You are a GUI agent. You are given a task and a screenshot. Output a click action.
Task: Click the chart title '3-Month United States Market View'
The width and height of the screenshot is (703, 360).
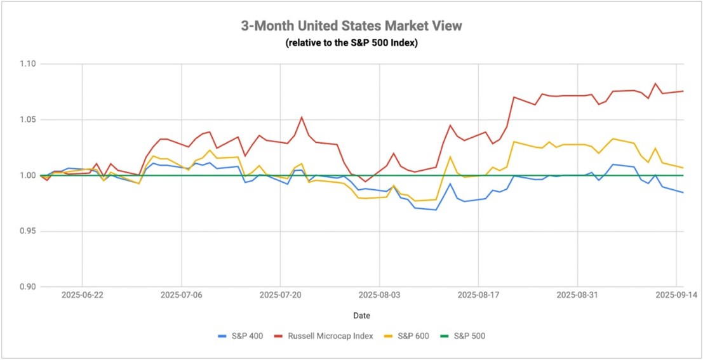(351, 26)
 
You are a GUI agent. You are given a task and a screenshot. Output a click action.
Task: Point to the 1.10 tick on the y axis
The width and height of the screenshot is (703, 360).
(28, 64)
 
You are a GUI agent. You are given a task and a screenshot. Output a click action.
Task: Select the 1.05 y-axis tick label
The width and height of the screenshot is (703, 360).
(28, 120)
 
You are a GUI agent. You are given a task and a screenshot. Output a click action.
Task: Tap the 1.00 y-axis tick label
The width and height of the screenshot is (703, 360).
(28, 176)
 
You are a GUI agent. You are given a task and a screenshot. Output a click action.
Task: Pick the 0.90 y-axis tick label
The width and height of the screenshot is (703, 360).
(28, 287)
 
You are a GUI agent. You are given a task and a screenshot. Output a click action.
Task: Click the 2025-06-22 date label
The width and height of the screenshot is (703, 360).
(83, 295)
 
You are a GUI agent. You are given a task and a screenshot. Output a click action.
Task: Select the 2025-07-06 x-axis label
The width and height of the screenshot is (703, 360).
(181, 295)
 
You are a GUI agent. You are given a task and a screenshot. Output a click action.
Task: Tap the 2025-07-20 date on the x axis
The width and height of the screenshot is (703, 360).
(280, 295)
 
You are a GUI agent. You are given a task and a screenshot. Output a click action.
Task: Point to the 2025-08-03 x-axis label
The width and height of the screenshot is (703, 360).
(379, 295)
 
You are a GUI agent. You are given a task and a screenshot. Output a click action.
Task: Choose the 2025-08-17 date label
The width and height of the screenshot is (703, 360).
(478, 295)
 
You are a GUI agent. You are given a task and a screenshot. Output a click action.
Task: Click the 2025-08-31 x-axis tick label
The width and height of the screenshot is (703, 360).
(577, 295)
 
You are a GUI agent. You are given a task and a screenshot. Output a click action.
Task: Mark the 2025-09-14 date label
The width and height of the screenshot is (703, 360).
(676, 295)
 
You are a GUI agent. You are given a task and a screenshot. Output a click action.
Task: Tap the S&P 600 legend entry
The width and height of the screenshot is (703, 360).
(413, 335)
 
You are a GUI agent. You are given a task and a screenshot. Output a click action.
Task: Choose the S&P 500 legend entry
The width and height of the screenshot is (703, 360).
(471, 335)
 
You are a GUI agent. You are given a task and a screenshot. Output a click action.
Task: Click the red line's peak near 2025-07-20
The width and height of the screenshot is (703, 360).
(302, 117)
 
